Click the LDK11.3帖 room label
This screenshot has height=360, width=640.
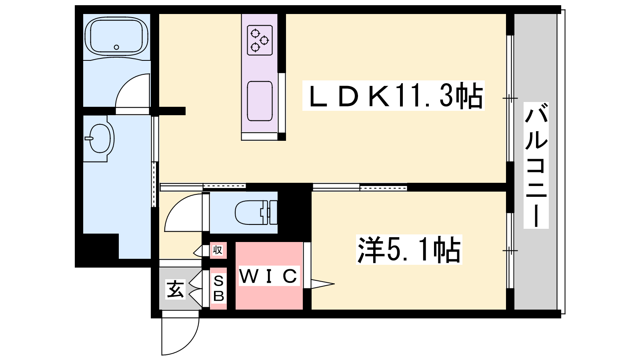click(x=394, y=96)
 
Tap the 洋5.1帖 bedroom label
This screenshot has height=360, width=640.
click(x=409, y=250)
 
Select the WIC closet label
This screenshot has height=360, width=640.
click(x=268, y=276)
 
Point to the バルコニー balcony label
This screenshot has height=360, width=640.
click(x=536, y=165)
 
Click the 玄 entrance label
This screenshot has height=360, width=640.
click(x=175, y=289)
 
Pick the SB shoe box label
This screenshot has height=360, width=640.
click(x=218, y=288)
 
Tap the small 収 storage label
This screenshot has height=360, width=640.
click(x=218, y=250)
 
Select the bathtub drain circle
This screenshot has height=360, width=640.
click(x=116, y=47)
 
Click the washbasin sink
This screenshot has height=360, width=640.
click(x=100, y=138)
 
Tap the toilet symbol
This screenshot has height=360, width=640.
click(x=256, y=212)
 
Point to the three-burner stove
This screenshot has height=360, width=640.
click(x=260, y=40)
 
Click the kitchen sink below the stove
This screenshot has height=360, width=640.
click(x=260, y=101)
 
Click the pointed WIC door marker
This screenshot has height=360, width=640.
click(x=322, y=284)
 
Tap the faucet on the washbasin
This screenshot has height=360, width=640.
click(x=89, y=138)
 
